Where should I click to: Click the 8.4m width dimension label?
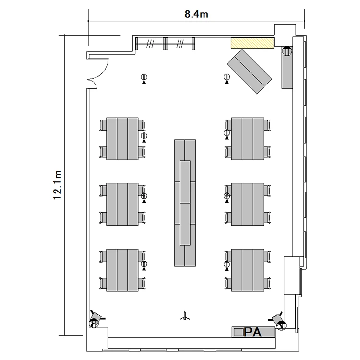coord(196,14)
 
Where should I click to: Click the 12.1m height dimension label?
coord(58,185)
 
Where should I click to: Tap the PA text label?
coord(253,332)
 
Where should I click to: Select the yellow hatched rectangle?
coord(252,43)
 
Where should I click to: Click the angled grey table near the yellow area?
coord(249,72)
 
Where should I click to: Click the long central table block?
coord(185,203)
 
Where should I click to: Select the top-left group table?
coord(122,139)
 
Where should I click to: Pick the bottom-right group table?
coord(248,270)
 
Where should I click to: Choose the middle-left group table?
coord(122,204)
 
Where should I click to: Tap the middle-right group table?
coord(248,204)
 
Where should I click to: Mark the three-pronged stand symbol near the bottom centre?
coord(185,316)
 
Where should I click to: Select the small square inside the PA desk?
coord(239,332)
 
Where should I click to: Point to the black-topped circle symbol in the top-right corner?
coord(287,51)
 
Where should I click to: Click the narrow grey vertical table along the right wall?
coord(287,68)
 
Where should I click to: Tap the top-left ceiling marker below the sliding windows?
coord(144,79)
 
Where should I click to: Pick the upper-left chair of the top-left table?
coord(103,125)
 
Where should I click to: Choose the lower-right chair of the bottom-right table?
coord(267,284)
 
